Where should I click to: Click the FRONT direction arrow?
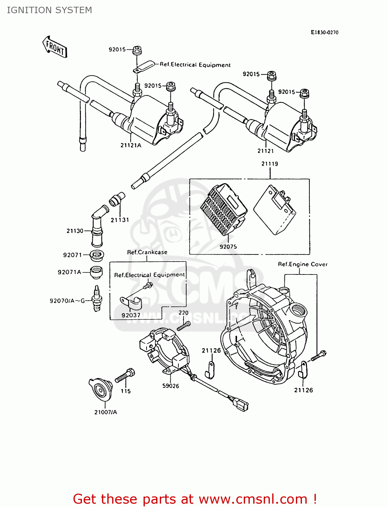coord(55,47)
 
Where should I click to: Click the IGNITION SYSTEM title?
coord(49,10)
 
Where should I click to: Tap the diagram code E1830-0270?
coord(324,32)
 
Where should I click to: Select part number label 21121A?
coord(131,145)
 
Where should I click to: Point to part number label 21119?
coord(270,164)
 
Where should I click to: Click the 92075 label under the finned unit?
coord(228,247)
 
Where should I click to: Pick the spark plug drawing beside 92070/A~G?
coord(97,298)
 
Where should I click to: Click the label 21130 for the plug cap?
coord(75,231)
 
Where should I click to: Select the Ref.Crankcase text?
coord(147,252)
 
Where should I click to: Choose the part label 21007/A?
coord(106,412)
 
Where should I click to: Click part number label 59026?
coord(171,386)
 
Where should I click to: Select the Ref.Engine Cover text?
coord(303,264)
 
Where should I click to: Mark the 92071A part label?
coord(69,272)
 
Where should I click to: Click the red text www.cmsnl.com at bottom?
coord(253,499)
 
